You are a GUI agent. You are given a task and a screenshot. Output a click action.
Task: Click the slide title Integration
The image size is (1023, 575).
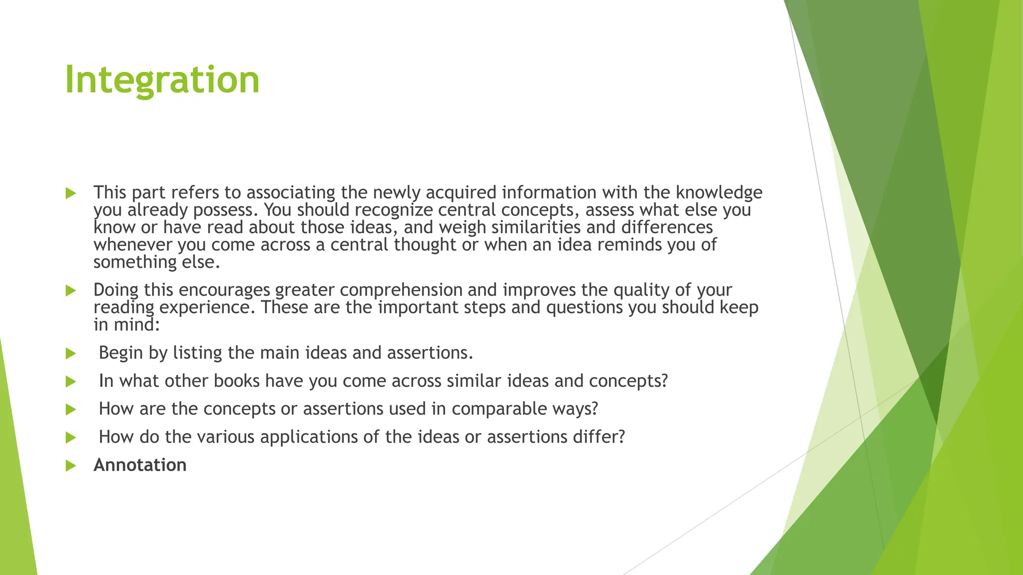pyautogui.click(x=162, y=80)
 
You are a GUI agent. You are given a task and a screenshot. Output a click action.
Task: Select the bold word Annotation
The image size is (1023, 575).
pyautogui.click(x=140, y=465)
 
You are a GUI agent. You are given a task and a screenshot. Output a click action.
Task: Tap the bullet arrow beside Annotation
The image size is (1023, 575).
pyautogui.click(x=70, y=466)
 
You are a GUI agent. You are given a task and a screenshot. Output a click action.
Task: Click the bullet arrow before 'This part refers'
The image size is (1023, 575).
pyautogui.click(x=70, y=193)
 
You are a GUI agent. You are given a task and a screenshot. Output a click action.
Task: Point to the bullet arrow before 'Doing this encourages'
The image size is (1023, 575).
pyautogui.click(x=70, y=290)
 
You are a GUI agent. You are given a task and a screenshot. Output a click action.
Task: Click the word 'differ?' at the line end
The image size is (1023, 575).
pyautogui.click(x=599, y=437)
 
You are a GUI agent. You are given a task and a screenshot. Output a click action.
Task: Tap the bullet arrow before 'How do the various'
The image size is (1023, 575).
pyautogui.click(x=70, y=438)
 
